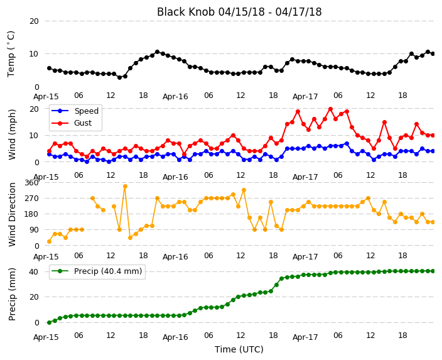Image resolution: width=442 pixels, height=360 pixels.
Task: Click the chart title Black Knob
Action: (x=186, y=12)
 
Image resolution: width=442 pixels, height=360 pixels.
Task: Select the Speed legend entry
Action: (x=75, y=111)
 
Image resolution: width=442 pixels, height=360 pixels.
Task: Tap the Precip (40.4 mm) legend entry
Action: (x=97, y=271)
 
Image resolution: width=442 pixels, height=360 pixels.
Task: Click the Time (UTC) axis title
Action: (x=239, y=349)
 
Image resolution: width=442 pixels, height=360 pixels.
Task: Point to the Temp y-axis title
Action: (x=11, y=54)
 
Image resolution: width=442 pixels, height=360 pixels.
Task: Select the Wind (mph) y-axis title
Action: (x=12, y=134)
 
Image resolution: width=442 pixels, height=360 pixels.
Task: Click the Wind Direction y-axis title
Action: (x=12, y=214)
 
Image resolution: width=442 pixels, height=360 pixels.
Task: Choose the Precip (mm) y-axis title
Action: (x=12, y=294)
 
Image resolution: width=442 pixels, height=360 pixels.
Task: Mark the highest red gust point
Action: (x=331, y=109)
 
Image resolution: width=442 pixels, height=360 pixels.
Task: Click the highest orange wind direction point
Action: (x=125, y=186)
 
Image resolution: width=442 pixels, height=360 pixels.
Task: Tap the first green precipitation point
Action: (x=50, y=322)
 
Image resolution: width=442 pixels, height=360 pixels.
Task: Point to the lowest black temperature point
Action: (x=119, y=77)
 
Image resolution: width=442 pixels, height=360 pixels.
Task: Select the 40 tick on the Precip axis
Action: (x=34, y=271)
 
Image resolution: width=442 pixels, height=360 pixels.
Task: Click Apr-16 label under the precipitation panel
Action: (x=175, y=337)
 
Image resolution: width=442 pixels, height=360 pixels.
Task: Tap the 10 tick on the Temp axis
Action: (x=34, y=53)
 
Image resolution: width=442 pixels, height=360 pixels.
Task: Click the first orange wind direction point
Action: (x=50, y=241)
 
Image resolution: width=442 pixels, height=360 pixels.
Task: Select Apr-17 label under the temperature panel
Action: (x=305, y=97)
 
